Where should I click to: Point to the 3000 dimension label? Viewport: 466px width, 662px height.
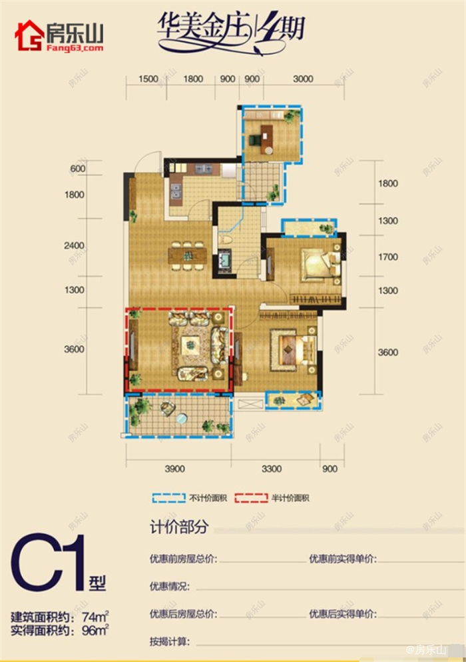point(302,79)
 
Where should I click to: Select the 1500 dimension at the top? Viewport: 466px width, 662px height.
point(148,79)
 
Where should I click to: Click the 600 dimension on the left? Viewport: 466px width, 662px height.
point(77,169)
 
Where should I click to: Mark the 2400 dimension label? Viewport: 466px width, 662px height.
point(75,246)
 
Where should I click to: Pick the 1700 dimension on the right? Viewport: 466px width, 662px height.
point(388,257)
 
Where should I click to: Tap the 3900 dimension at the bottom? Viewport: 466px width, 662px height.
point(174,469)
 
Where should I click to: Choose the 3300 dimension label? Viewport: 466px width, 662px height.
point(272,469)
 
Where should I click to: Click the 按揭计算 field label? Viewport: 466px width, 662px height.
point(170,643)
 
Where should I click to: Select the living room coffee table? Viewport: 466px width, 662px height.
point(192,345)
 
